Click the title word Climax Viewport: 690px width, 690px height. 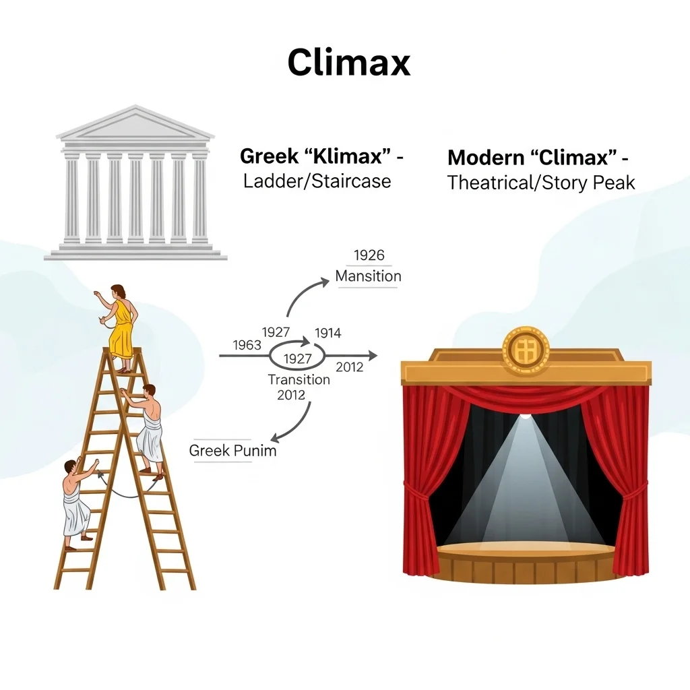coord(349,62)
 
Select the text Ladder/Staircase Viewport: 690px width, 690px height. coord(317,181)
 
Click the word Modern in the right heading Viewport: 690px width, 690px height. coord(485,158)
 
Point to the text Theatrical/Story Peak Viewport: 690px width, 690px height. coord(541,183)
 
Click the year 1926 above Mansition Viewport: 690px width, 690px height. coord(369,255)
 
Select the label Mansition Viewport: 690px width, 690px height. coord(369,276)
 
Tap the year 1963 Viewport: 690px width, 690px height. coord(247,345)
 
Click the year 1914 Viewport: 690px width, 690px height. coord(328,333)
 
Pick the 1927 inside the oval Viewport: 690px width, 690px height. coord(298,359)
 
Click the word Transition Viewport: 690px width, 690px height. coord(299,380)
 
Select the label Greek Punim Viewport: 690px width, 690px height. coord(232,451)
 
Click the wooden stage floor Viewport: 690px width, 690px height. coord(526,551)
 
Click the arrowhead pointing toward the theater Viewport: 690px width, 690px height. coord(373,356)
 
